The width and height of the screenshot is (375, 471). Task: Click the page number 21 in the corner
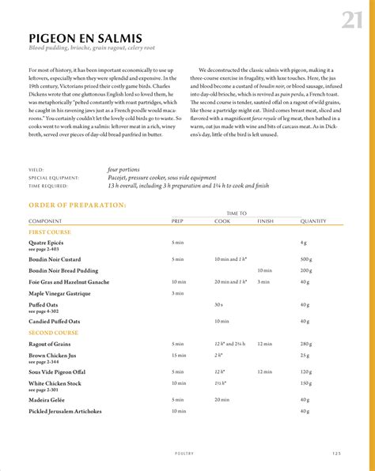coord(352,20)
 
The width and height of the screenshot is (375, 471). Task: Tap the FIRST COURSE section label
coord(50,232)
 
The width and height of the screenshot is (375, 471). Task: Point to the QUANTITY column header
coord(313,220)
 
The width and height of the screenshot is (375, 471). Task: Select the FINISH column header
coord(265,220)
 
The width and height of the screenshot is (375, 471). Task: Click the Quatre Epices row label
coord(47,242)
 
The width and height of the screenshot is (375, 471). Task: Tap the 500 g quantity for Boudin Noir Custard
coord(306,259)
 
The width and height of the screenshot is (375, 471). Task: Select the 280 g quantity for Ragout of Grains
coord(306,345)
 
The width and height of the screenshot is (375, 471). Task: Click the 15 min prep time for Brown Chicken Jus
coord(179,356)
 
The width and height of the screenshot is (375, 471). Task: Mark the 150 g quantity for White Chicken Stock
coord(306,383)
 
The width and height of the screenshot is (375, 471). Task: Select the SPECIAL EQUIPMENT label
coord(54,178)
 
